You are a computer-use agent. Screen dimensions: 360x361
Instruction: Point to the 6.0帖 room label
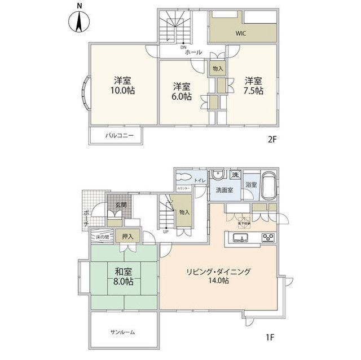pyautogui.click(x=182, y=91)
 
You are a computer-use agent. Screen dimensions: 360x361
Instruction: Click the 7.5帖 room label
pyautogui.click(x=253, y=85)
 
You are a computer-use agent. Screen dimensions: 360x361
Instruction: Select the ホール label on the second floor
pyautogui.click(x=193, y=52)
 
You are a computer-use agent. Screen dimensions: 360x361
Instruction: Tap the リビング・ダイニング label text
pyautogui.click(x=218, y=272)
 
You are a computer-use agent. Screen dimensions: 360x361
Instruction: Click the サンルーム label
pyautogui.click(x=123, y=332)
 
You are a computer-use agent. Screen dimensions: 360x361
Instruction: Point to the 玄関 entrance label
pyautogui.click(x=121, y=205)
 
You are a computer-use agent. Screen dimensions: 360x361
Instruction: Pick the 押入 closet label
pyautogui.click(x=127, y=237)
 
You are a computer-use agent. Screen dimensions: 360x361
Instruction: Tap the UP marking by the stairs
pyautogui.click(x=166, y=231)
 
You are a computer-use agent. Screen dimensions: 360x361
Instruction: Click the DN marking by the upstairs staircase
pyautogui.click(x=183, y=47)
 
